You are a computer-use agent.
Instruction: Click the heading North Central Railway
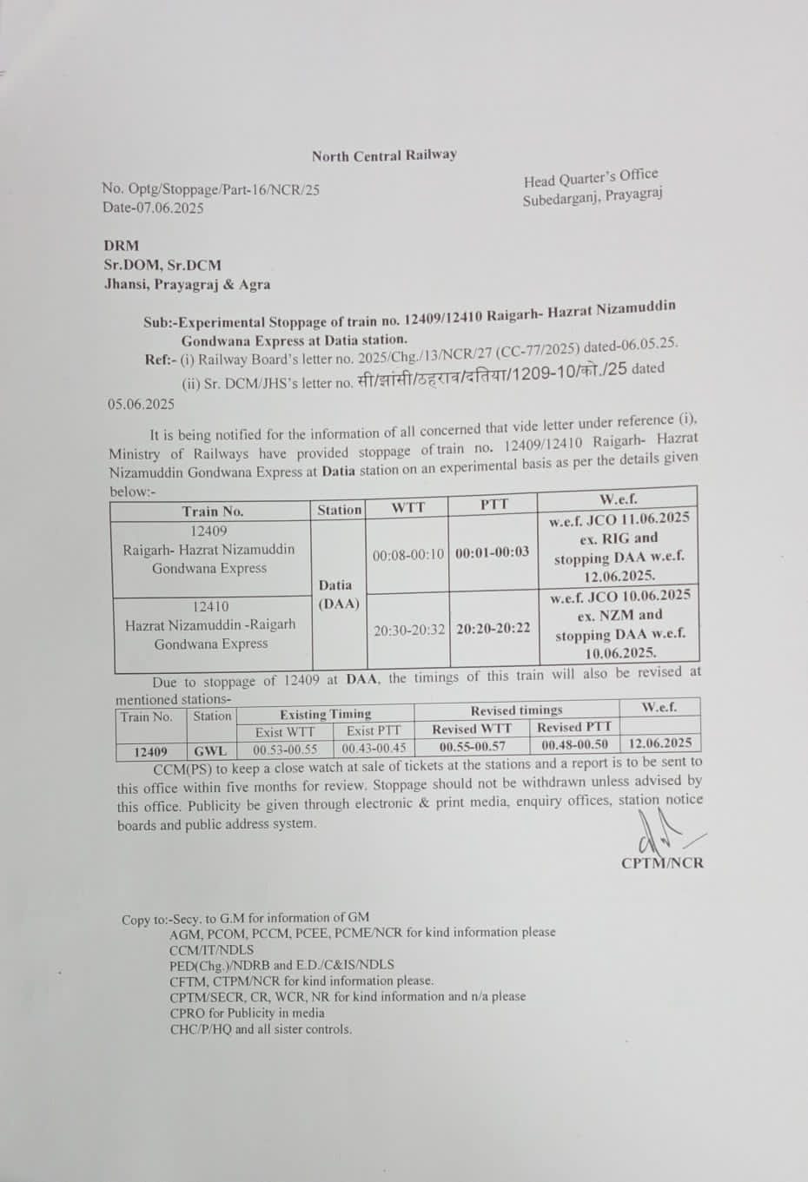click(x=384, y=155)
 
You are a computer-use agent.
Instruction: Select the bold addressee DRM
click(x=122, y=246)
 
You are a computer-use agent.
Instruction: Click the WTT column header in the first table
click(x=407, y=507)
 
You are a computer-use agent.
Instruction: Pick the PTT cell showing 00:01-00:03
click(x=492, y=552)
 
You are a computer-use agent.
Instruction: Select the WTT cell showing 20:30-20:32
click(x=409, y=631)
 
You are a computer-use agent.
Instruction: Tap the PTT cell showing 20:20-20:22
click(x=493, y=629)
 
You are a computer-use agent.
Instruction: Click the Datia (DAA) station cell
click(x=336, y=595)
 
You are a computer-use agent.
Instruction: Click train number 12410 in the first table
click(x=211, y=606)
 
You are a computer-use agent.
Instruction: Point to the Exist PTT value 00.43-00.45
click(x=374, y=748)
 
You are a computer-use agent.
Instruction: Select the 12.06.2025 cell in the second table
click(x=659, y=743)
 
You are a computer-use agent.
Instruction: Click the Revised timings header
click(x=516, y=710)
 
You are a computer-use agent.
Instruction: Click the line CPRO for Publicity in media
click(x=247, y=1013)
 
